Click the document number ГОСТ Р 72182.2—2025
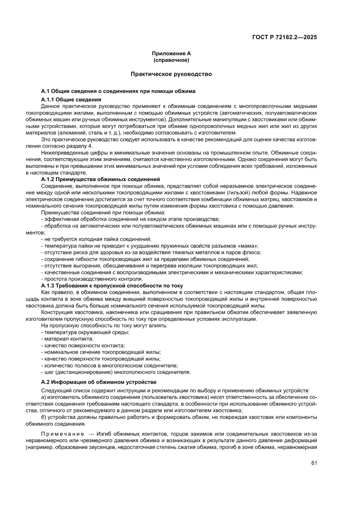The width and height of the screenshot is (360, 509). coord(284,37)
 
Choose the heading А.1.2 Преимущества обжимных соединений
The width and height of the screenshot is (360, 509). coord(101,179)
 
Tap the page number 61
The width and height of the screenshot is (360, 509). coord(314,463)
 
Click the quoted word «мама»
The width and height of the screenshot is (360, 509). coord(246,246)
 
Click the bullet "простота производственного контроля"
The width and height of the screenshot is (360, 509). coord(92,279)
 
